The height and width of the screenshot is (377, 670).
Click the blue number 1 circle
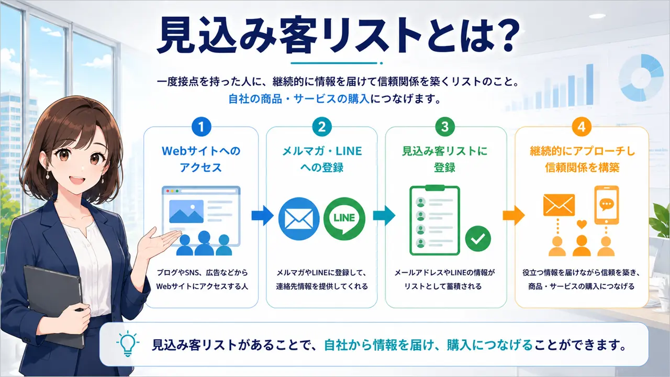coord(201,127)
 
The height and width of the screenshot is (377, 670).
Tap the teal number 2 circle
coord(322,127)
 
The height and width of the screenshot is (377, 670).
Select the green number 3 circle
coord(445,127)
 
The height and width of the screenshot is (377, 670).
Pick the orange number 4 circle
coord(582,127)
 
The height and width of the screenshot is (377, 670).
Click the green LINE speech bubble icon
coord(344,218)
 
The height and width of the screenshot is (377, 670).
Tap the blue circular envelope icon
coord(299,218)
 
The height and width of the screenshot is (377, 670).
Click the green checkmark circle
coord(478,238)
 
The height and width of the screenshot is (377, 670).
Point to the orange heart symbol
coord(582,224)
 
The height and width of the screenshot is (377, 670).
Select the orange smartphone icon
coord(606,205)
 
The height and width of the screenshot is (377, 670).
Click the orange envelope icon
coord(559,205)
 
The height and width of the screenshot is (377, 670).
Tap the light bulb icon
coord(128,344)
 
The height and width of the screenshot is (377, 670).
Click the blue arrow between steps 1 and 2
coord(262,215)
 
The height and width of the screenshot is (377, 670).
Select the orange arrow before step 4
coord(513,215)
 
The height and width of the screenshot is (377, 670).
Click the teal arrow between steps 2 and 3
coord(384,215)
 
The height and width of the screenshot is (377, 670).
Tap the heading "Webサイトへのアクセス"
coord(201,159)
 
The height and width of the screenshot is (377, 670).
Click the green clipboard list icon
coord(434,220)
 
